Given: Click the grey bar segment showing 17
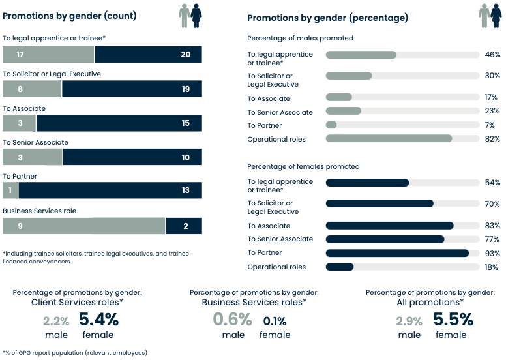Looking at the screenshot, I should (x=48, y=54).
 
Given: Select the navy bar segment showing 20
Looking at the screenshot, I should (x=148, y=54).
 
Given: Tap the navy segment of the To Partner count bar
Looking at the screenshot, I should (x=110, y=190).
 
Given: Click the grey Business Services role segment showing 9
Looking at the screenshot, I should (x=83, y=226).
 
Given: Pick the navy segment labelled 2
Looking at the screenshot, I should (x=184, y=226).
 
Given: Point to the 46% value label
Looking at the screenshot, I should (x=492, y=55).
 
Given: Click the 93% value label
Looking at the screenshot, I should (x=492, y=253).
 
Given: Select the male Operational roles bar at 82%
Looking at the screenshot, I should (x=389, y=139).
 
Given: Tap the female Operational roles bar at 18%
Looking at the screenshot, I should (x=340, y=267).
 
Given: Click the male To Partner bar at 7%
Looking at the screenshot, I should (x=331, y=125).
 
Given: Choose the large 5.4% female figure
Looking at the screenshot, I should (x=98, y=320).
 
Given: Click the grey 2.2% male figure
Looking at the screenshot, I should (x=57, y=321).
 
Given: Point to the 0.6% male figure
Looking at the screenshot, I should (x=233, y=320).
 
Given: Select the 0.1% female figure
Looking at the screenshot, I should (x=275, y=321).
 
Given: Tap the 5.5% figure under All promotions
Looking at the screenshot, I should (x=453, y=320).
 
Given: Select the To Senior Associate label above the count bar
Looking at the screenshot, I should (x=35, y=142).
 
